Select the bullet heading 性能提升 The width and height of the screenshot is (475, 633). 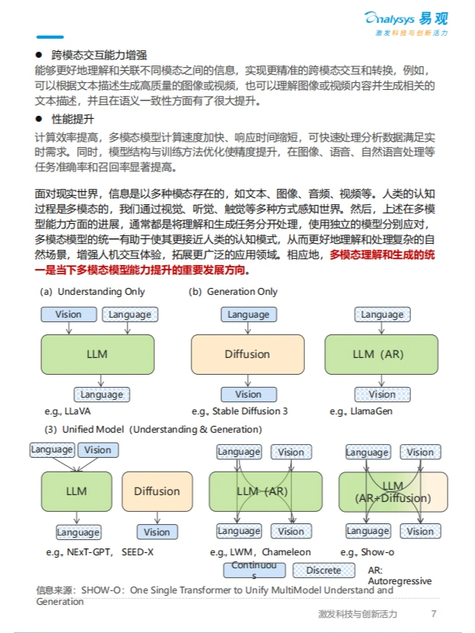tap(72, 120)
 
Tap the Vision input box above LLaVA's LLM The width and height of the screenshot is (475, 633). tap(69, 315)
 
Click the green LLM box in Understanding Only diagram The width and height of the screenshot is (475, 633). tap(97, 354)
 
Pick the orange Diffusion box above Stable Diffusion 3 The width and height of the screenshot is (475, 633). tap(247, 354)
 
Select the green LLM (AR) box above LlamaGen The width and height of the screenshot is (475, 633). tap(381, 354)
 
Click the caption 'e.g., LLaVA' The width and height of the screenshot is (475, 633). tap(72, 411)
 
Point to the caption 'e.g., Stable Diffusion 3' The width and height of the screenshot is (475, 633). tap(239, 411)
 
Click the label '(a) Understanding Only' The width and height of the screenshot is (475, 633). tap(92, 292)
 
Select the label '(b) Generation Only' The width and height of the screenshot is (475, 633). tap(233, 292)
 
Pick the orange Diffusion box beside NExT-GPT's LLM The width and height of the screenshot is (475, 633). tap(157, 491)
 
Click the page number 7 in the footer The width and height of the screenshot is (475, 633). tap(434, 614)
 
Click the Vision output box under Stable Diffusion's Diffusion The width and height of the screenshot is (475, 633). tap(248, 395)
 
